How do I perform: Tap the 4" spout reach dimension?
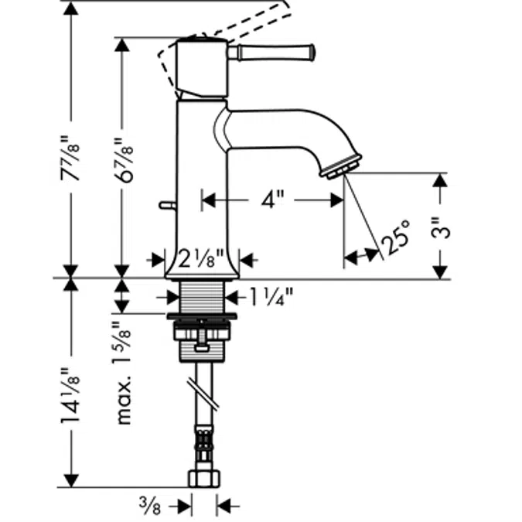point(271,200)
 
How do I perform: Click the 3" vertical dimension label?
point(439,229)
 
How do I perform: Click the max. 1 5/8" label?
point(121,374)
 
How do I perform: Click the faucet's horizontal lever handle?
point(275,52)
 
